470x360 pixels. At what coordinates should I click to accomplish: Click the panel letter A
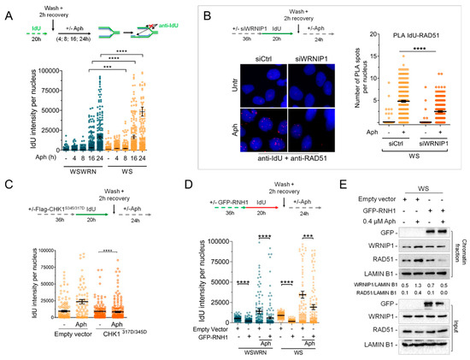tap(7, 10)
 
